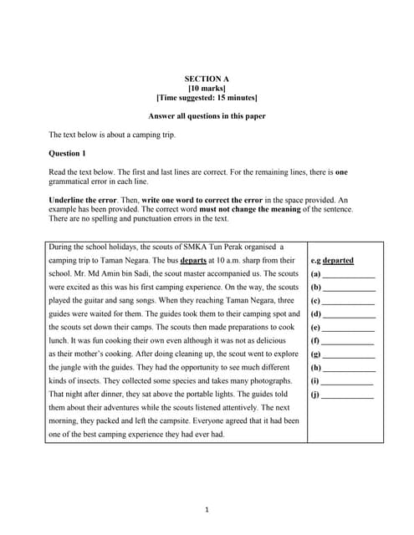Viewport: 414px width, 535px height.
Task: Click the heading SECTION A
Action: (206, 79)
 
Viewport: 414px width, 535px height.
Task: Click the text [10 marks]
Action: (206, 88)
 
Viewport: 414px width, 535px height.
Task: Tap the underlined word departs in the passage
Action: (181, 260)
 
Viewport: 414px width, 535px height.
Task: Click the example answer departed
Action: (338, 260)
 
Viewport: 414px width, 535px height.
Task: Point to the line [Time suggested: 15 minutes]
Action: (207, 98)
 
